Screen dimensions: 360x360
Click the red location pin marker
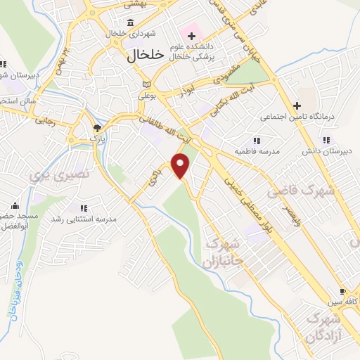pos(181,165)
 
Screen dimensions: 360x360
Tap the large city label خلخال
pos(146,53)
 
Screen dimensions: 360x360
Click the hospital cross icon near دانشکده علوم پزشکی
pos(191,35)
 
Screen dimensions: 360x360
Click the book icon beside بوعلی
pos(146,84)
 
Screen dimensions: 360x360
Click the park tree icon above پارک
pos(97,128)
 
